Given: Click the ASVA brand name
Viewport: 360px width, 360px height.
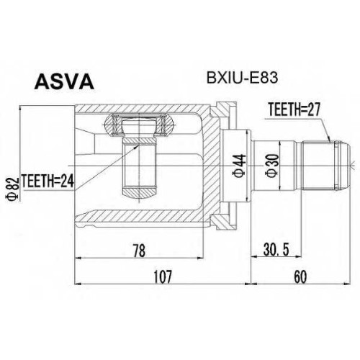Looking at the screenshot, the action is click(x=64, y=81).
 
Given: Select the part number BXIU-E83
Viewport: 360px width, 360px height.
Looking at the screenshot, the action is click(x=242, y=78).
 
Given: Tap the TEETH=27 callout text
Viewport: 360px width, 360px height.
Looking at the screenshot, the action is click(x=294, y=109).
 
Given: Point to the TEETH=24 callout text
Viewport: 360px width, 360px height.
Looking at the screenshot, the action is click(x=48, y=181).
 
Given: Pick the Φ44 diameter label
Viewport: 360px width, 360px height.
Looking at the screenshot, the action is click(x=240, y=166).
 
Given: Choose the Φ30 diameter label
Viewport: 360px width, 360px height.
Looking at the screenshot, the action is click(x=273, y=166).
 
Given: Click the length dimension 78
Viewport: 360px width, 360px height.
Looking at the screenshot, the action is click(x=139, y=251).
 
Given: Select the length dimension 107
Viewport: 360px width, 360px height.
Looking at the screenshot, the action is click(x=163, y=276).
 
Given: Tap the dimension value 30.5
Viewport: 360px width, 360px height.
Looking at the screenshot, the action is click(x=276, y=251).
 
